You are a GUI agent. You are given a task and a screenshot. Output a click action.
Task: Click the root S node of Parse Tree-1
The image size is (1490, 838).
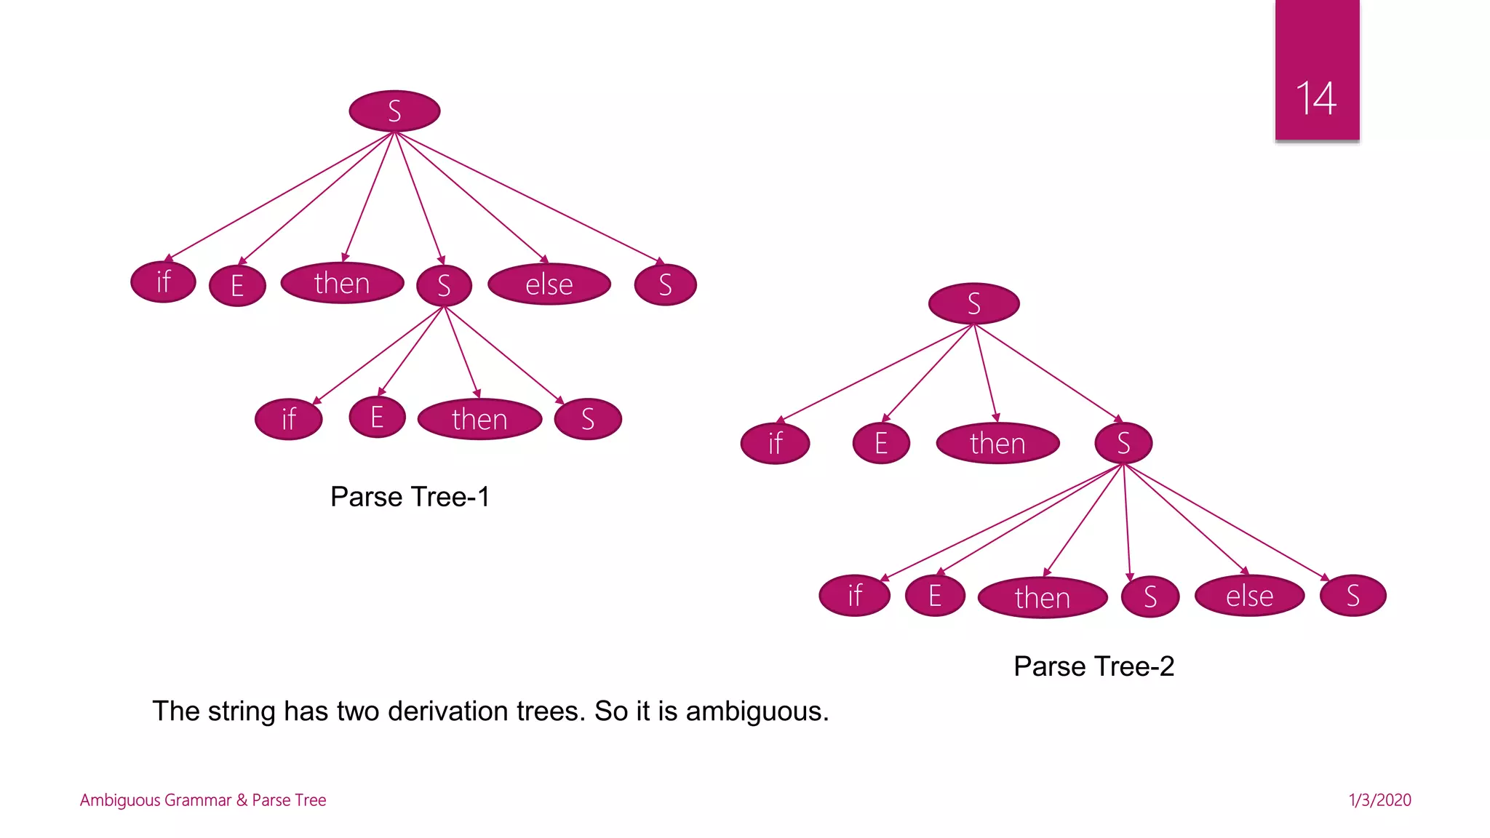pos(394,111)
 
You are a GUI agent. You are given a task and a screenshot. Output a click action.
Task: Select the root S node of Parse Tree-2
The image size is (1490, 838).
pos(973,303)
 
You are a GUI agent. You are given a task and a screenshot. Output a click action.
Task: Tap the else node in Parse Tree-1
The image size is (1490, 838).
pos(549,284)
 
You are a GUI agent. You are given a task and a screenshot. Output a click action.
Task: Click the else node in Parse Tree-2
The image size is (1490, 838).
pos(1249,596)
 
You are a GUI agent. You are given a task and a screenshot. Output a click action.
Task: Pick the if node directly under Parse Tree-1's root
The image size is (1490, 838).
pos(163,282)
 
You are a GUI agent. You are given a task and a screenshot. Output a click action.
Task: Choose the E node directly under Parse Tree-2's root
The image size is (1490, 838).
pos(881,443)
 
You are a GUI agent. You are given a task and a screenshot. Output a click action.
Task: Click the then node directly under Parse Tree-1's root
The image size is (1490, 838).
pos(342,283)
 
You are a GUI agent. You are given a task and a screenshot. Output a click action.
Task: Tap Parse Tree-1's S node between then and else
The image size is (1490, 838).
pos(444,285)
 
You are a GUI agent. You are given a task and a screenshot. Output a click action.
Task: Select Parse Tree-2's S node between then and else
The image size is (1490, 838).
pos(1150,596)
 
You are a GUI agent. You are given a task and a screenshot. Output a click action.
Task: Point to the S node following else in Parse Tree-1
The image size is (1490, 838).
pos(665,284)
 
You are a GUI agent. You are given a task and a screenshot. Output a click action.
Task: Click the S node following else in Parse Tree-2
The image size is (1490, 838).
pos(1352,596)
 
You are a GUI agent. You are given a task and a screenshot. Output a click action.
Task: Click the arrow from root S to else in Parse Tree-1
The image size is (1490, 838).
pos(471,197)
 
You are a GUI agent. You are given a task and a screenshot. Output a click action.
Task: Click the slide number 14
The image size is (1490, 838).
pos(1316,98)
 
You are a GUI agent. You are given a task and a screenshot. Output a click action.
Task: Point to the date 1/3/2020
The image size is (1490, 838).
pos(1379,800)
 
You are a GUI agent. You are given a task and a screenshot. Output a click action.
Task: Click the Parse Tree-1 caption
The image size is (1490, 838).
pos(410,497)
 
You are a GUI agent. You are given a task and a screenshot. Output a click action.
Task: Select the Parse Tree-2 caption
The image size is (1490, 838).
pos(1093,666)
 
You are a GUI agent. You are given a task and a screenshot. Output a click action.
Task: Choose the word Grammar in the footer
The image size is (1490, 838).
pos(197,800)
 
